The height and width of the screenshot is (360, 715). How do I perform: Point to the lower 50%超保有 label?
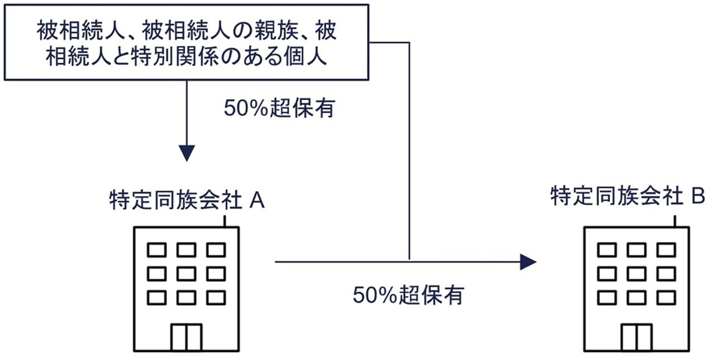(x=408, y=295)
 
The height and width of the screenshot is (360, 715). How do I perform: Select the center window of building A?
(x=187, y=270)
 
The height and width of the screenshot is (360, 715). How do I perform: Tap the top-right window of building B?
(x=666, y=249)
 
